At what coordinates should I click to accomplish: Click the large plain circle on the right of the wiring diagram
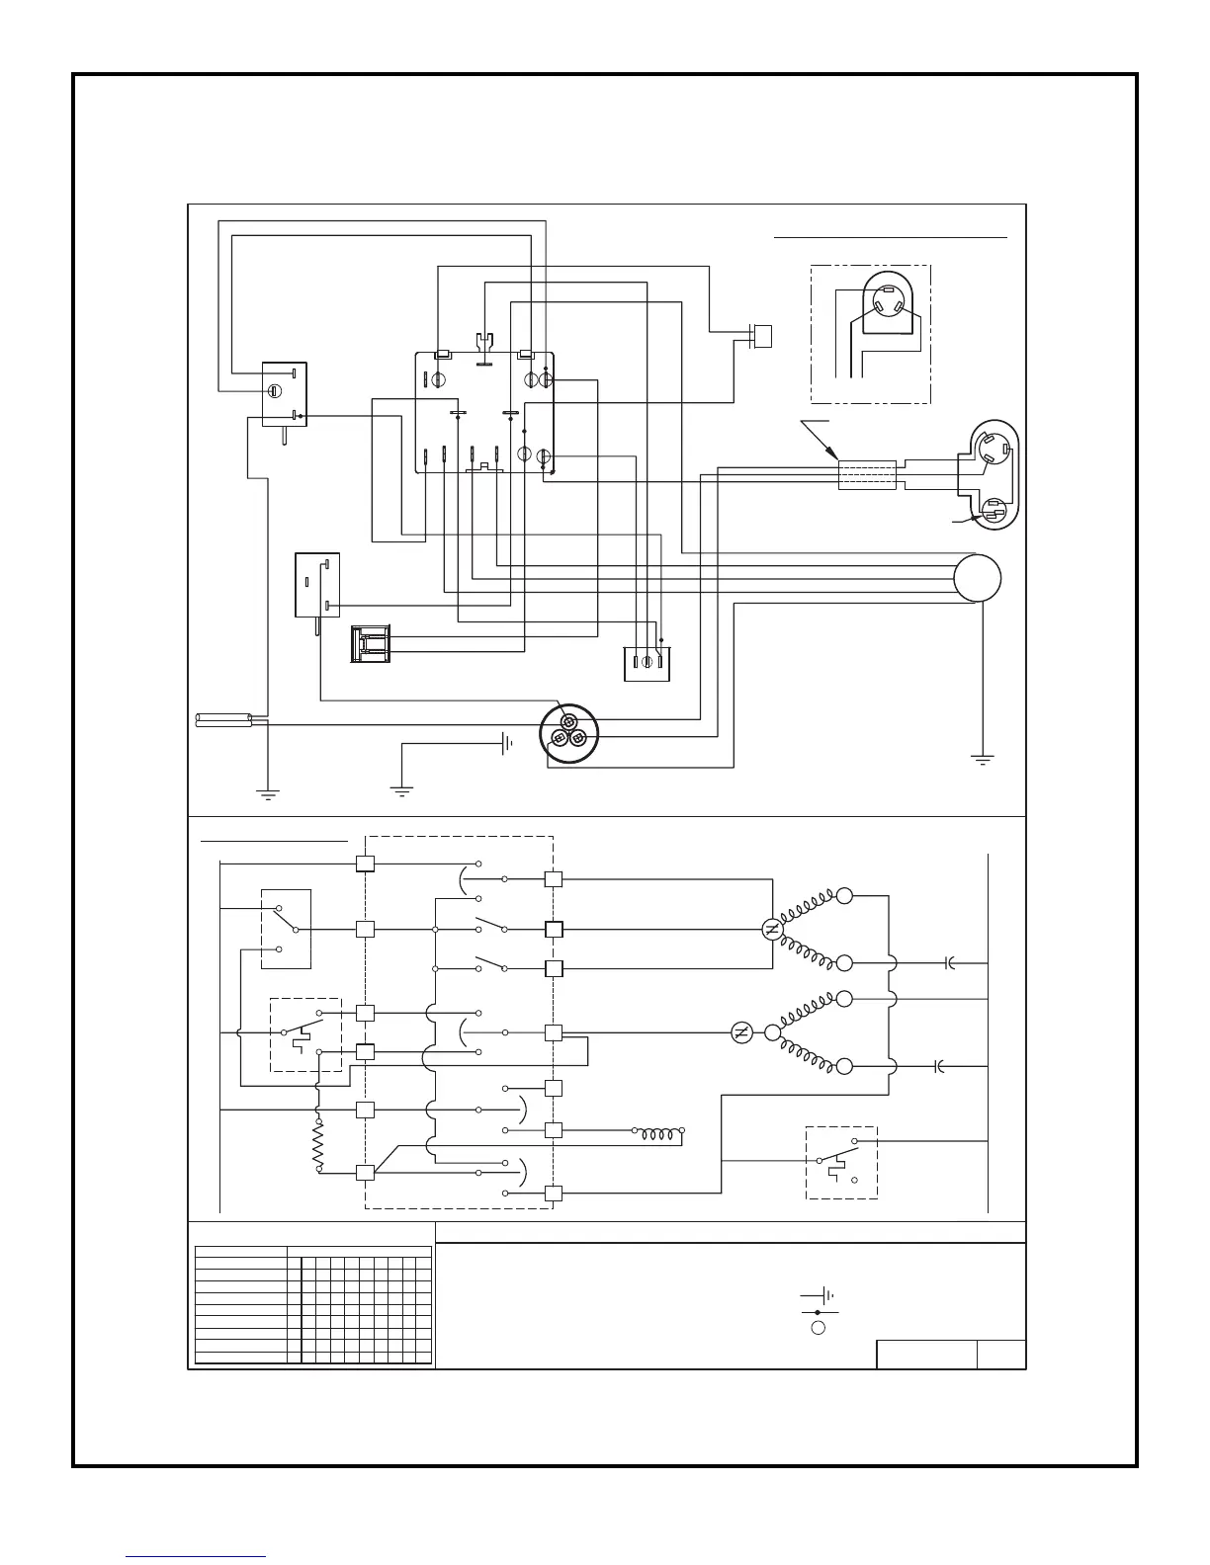978,578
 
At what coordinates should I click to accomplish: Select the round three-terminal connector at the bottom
569,734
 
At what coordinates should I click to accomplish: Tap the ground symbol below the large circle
983,760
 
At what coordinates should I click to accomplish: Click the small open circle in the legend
818,1327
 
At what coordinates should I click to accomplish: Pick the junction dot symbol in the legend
818,1312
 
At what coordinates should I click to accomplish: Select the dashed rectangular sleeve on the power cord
867,474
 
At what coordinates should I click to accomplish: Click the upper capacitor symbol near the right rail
949,962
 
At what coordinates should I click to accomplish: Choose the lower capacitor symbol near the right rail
939,1067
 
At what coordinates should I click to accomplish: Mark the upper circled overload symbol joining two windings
773,930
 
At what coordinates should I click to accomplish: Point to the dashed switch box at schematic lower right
841,1163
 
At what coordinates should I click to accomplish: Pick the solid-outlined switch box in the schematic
286,929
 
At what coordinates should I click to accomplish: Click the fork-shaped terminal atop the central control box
483,348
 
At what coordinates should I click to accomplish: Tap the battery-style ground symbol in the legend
819,1295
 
